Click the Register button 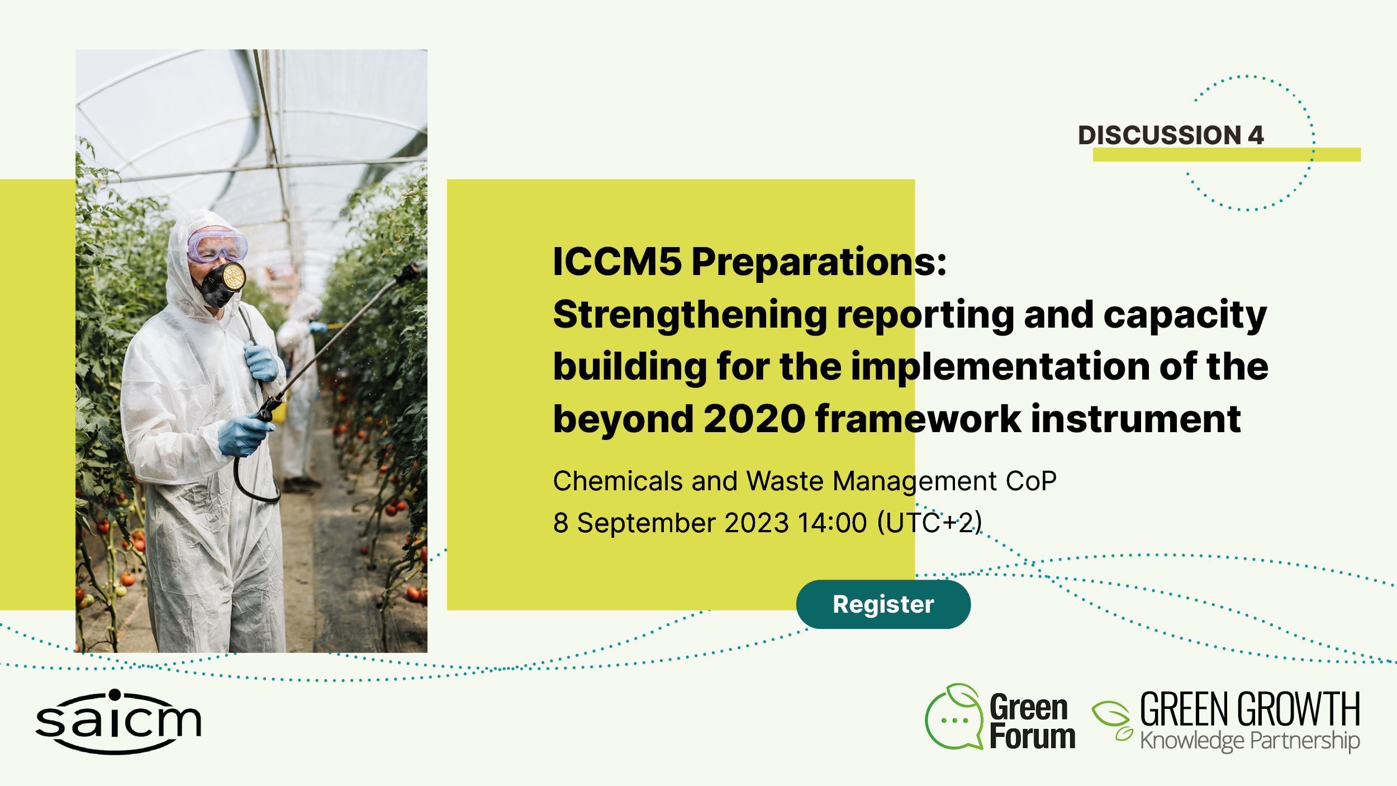pos(883,604)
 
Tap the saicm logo pos(118,721)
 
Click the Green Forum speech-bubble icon pos(954,717)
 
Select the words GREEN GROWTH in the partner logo pos(1250,709)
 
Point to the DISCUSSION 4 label pos(1171,135)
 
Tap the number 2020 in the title pos(754,419)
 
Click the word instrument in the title pos(1136,419)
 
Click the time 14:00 pos(832,523)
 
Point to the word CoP pos(1031,481)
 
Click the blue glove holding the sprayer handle pos(244,435)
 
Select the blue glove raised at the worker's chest pos(261,362)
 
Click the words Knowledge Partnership pos(1250,741)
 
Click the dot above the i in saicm pos(115,695)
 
